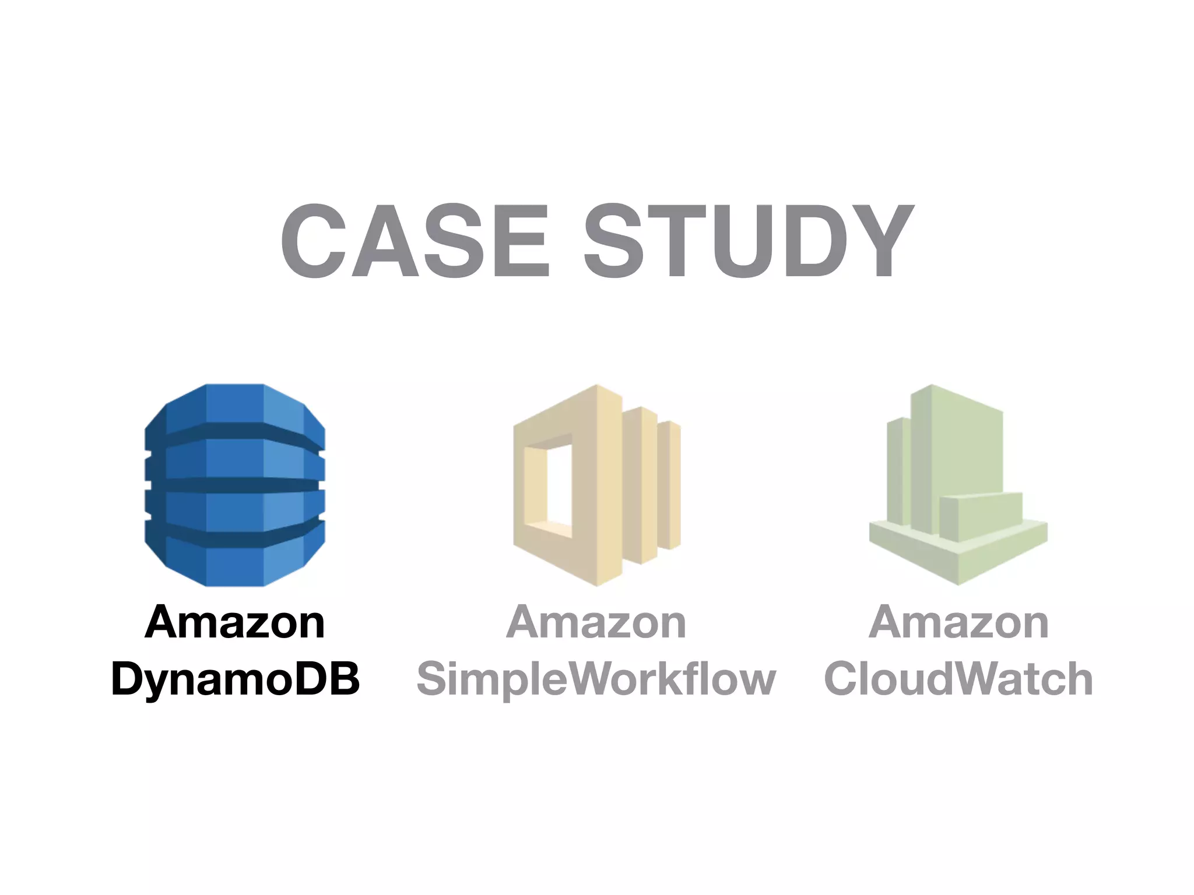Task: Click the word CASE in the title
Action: click(415, 241)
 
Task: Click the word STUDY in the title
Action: click(749, 241)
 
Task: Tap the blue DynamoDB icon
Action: click(234, 485)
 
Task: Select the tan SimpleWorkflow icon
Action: click(596, 485)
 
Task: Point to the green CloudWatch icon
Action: click(958, 485)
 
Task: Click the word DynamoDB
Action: click(236, 679)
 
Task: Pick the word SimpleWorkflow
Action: click(596, 679)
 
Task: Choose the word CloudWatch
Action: click(958, 679)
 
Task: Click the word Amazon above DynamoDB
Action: click(234, 622)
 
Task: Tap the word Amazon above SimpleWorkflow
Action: click(596, 622)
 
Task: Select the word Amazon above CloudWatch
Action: click(958, 622)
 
